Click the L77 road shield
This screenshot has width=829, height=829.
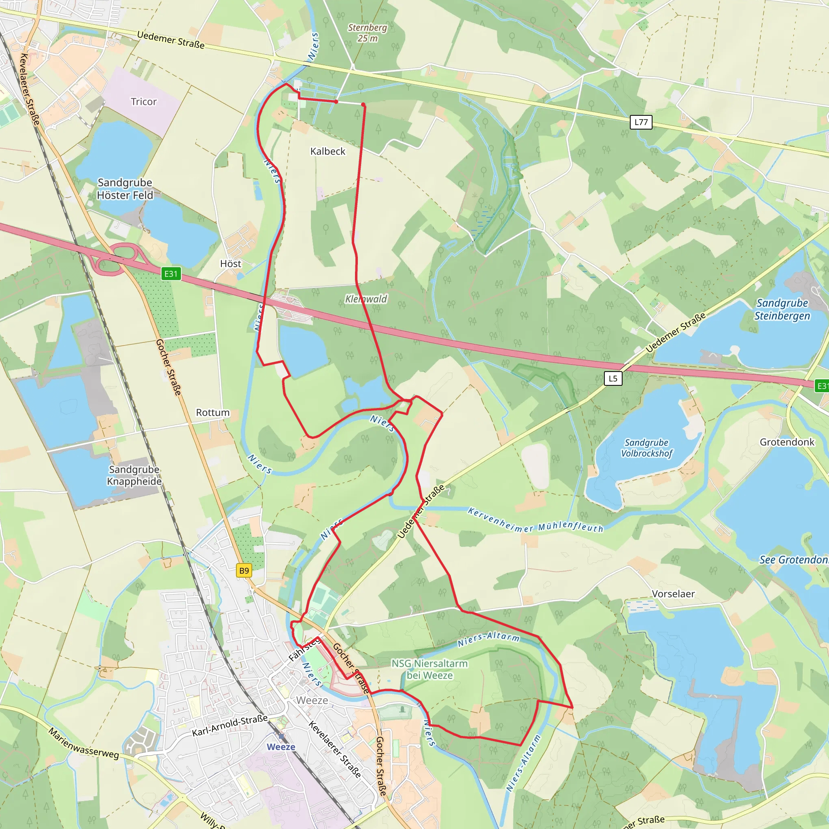coord(641,122)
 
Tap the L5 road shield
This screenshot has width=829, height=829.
coord(613,378)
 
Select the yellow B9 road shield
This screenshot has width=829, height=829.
coord(244,571)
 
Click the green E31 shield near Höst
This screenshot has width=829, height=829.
coord(171,274)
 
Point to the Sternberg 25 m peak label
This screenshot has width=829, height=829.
coord(367,33)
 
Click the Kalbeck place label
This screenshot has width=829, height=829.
coord(328,151)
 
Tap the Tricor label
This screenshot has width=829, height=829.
coord(144,102)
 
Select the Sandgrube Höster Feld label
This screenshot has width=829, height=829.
coord(125,189)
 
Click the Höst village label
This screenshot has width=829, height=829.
coord(230,264)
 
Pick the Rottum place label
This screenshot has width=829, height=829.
coord(213,413)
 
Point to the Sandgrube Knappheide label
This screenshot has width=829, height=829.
coord(134,476)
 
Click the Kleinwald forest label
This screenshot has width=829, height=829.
coord(366,299)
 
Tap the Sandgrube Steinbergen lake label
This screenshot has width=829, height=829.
coord(782,309)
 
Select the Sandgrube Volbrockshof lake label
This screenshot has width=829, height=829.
coord(646,448)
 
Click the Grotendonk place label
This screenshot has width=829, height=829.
coord(787,442)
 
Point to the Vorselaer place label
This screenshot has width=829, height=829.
coord(673,594)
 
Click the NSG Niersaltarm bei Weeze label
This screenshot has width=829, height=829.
coord(429,670)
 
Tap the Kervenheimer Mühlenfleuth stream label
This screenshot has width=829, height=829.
coord(536,520)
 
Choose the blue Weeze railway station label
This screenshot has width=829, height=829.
coord(281,747)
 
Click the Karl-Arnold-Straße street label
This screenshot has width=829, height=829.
coord(230,725)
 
